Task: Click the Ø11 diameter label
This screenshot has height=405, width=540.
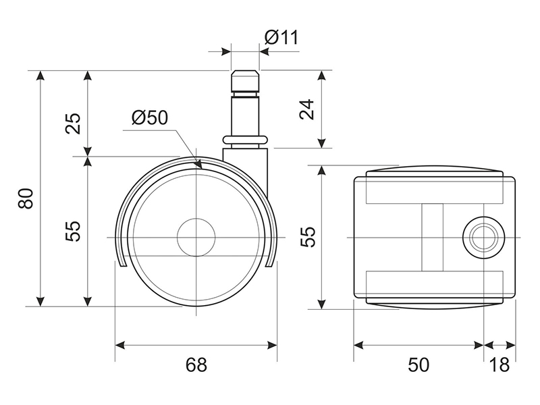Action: (281, 37)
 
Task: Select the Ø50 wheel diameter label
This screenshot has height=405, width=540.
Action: (150, 117)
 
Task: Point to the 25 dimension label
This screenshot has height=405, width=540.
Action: (73, 124)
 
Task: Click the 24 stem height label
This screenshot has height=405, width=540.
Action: (307, 109)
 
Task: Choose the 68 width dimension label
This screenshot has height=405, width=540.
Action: (196, 364)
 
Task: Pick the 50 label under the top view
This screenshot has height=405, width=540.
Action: (418, 364)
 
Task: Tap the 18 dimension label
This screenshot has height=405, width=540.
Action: (499, 364)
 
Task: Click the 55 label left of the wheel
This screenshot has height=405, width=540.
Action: (73, 231)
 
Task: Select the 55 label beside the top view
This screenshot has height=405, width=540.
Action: (308, 237)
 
